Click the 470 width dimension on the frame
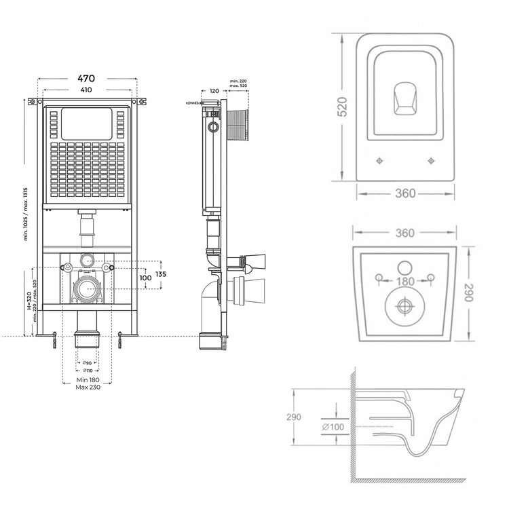(x=86, y=78)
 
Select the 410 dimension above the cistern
(x=86, y=90)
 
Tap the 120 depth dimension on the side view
(x=214, y=90)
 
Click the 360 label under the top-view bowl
(x=405, y=193)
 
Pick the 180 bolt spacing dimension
(x=405, y=281)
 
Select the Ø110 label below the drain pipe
(x=88, y=371)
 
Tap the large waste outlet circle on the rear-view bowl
(x=404, y=307)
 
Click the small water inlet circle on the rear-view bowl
(x=405, y=267)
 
